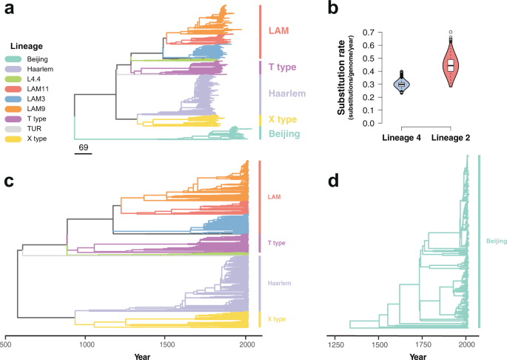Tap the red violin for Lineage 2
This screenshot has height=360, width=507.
pos(450,65)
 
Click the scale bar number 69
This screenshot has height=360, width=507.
pos(84,149)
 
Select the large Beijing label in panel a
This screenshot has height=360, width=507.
pos(285,134)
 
